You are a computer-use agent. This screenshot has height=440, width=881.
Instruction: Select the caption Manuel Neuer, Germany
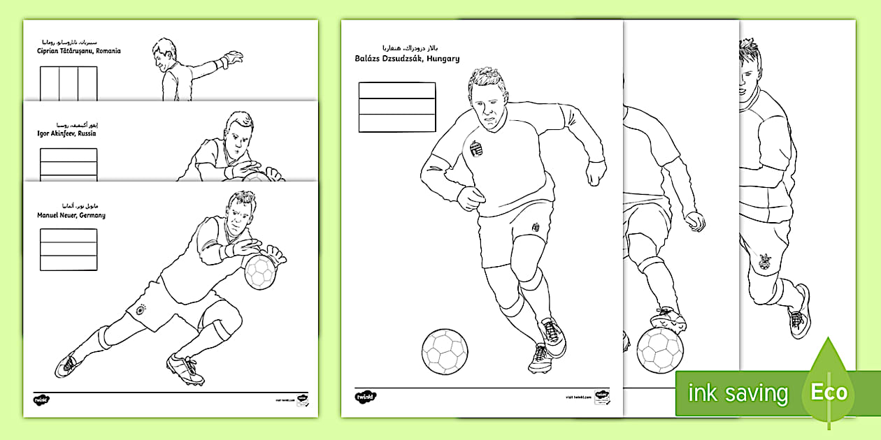[x=71, y=215]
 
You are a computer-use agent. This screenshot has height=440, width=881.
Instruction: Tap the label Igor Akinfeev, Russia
[x=67, y=133]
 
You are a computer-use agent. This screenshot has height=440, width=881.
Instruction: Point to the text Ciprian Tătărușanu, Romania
[x=79, y=51]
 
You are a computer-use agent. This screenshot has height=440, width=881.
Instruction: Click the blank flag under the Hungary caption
[x=397, y=107]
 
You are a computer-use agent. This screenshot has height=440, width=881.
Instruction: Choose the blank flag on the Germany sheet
[x=69, y=249]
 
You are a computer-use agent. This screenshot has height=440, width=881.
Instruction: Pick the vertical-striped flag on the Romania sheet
[x=69, y=84]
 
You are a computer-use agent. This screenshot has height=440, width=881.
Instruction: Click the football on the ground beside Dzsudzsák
[x=445, y=351]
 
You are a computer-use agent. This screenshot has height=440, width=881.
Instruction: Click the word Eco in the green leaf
[x=829, y=392]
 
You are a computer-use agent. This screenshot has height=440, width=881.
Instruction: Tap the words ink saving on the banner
[x=738, y=393]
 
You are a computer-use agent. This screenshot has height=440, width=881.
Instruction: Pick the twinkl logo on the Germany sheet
[x=41, y=400]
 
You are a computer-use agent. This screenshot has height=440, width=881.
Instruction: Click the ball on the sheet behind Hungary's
[x=661, y=348]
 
